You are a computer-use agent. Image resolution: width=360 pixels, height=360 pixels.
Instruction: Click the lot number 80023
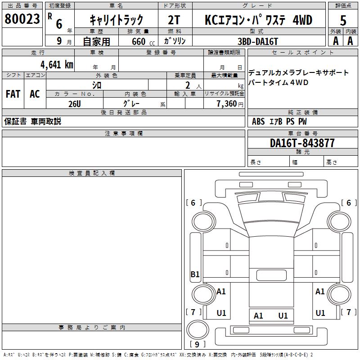click(22, 19)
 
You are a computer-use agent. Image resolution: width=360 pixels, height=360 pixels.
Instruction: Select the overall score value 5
click(343, 20)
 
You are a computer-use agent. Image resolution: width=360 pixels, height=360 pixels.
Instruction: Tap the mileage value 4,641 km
click(57, 65)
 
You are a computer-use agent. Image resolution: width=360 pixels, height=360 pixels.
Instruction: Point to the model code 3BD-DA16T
click(258, 41)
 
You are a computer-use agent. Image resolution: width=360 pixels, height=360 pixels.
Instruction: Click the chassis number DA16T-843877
click(302, 143)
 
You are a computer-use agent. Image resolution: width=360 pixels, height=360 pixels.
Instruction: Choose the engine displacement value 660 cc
click(143, 41)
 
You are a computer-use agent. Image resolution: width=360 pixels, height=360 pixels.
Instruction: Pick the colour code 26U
click(75, 104)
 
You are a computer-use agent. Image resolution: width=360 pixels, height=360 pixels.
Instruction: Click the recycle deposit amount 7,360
click(227, 104)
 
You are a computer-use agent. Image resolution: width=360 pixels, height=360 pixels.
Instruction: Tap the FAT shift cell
click(13, 94)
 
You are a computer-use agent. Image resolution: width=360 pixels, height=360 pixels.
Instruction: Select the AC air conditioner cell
click(35, 94)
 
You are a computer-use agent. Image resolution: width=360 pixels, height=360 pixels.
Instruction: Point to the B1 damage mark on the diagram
click(195, 274)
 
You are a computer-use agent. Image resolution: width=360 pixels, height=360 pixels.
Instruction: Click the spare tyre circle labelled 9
click(198, 329)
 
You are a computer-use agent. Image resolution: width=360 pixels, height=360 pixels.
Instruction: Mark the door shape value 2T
click(174, 20)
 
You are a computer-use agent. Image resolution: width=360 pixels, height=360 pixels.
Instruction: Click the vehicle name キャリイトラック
click(117, 20)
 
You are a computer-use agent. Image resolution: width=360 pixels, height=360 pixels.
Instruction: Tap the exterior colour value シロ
click(97, 85)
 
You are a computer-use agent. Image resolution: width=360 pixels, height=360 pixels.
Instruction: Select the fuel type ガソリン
click(175, 41)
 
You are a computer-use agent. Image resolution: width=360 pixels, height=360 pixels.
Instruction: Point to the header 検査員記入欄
click(92, 173)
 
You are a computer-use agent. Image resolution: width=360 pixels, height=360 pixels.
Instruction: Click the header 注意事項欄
click(124, 133)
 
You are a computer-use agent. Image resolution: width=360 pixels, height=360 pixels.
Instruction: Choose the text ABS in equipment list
click(258, 121)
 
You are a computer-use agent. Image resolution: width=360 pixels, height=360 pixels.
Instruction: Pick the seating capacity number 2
click(188, 85)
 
